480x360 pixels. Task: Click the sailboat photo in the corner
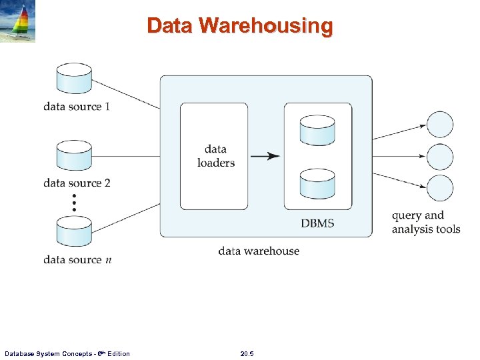(17, 21)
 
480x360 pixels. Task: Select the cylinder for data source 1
(74, 79)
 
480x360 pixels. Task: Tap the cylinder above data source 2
(74, 155)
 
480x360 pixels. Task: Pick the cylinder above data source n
(74, 231)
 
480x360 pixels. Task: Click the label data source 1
(77, 107)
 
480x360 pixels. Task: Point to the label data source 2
(77, 183)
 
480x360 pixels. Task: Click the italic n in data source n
(109, 261)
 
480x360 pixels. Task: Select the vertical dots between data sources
(74, 203)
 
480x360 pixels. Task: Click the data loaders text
(216, 156)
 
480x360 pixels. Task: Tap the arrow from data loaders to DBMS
(265, 156)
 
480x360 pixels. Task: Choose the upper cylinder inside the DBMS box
(317, 130)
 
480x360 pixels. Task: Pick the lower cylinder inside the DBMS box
(317, 184)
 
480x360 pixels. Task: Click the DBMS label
(317, 223)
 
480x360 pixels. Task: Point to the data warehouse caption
(259, 251)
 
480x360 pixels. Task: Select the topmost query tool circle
(440, 125)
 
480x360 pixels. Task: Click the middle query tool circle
(440, 157)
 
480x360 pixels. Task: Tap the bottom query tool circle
(440, 188)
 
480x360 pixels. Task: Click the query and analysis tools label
(426, 223)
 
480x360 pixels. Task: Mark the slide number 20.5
(247, 353)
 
